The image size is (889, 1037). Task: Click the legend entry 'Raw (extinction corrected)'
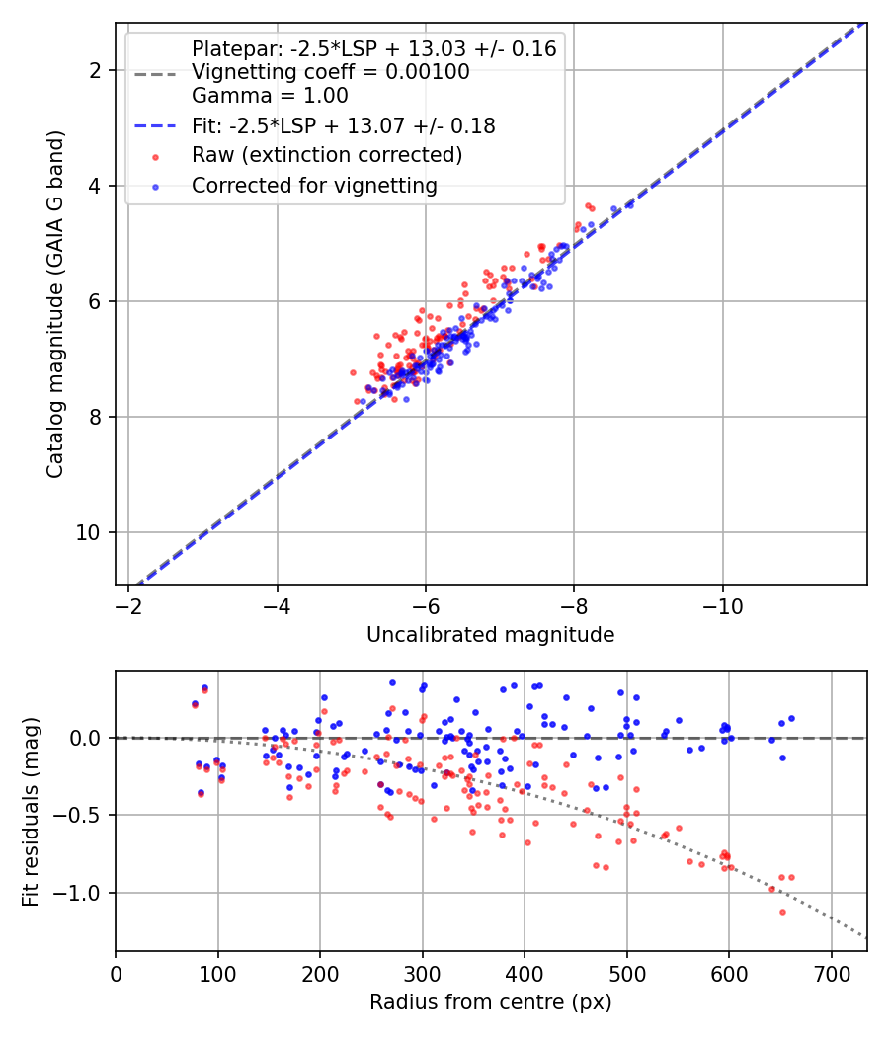tap(326, 155)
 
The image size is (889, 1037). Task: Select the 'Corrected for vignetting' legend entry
tap(314, 185)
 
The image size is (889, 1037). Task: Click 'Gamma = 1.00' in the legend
tap(270, 96)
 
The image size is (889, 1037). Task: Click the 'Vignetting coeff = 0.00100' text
tap(330, 72)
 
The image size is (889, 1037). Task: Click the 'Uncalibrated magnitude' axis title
tap(490, 635)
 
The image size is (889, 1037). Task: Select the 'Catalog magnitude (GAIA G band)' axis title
tap(55, 304)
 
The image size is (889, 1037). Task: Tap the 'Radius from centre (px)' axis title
tap(490, 1002)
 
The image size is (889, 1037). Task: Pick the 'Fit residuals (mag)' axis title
tap(31, 810)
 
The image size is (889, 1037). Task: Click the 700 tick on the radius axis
tap(831, 971)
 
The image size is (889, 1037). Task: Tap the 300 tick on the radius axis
tap(422, 971)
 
